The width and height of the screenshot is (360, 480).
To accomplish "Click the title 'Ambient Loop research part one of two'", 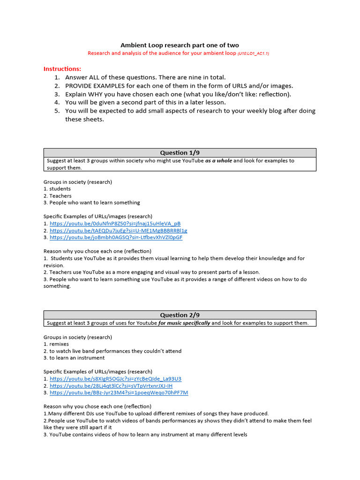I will click(180, 45).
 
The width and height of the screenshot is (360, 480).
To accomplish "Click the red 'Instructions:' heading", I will click(62, 68).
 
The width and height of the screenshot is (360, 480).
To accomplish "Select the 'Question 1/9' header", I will click(180, 153).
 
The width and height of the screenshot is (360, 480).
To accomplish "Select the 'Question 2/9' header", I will click(180, 315).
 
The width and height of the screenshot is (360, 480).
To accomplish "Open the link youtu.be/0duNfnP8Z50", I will click(115, 224).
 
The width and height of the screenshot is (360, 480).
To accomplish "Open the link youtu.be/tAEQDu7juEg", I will click(118, 231).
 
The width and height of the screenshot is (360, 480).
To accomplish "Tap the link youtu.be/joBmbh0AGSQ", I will click(116, 237).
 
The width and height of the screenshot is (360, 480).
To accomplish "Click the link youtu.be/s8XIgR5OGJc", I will click(115, 379).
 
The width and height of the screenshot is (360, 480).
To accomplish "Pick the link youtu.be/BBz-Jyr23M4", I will click(119, 392).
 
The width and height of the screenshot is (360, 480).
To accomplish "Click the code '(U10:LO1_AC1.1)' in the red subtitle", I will click(253, 54).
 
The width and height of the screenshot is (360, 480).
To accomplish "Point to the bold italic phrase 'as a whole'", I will click(218, 161).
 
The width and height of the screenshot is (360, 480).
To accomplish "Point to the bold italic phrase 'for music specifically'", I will click(184, 323).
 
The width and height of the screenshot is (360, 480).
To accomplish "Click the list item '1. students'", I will click(57, 189).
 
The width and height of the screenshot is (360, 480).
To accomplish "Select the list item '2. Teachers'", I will click(58, 196).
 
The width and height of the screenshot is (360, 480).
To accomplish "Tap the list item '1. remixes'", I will click(56, 344).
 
